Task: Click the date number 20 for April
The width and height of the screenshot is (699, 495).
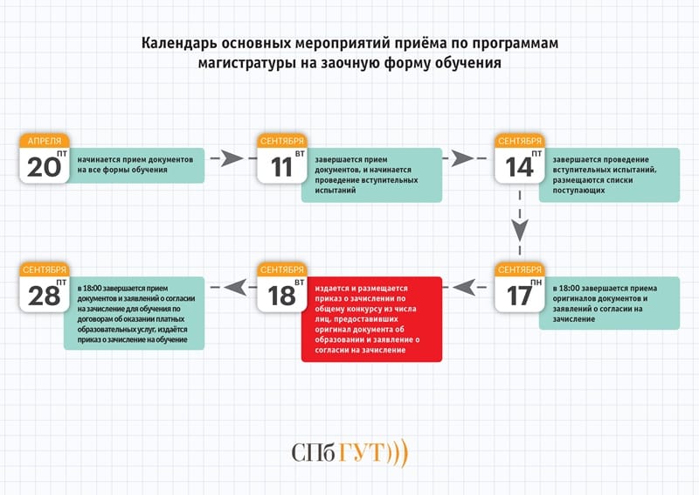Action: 43,166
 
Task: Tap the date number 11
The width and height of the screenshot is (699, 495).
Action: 280,166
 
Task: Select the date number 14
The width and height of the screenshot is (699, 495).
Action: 519,166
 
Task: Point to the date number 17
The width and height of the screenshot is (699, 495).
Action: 518,295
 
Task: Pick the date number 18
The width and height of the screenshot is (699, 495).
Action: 281,295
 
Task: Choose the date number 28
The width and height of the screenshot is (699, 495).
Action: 43,295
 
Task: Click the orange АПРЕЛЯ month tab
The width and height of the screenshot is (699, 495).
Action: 45,141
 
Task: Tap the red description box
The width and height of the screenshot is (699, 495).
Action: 372,319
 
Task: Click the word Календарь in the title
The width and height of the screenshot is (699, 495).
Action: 179,43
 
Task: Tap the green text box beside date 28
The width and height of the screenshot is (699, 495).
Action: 135,313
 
